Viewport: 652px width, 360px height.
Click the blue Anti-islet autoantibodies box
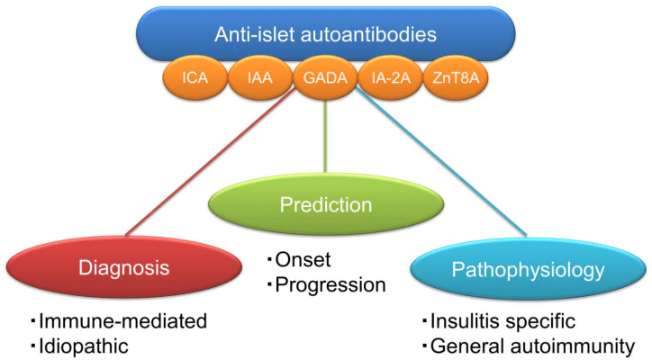coord(325,34)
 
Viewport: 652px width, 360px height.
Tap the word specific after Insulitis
coord(544,321)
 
